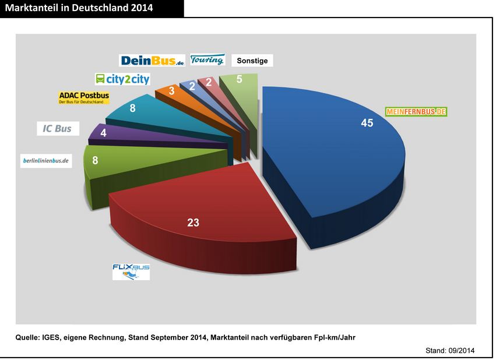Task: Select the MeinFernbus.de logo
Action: [x=416, y=111]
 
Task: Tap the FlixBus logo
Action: [x=131, y=271]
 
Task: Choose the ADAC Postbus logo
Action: [x=84, y=97]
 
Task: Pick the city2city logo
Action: [x=122, y=79]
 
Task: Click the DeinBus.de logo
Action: [x=152, y=60]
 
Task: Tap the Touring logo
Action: [x=207, y=59]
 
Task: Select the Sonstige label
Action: [x=252, y=60]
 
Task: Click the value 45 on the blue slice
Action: [x=367, y=123]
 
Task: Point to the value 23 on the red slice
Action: [x=194, y=222]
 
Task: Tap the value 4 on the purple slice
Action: [x=103, y=132]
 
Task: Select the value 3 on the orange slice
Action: [x=172, y=91]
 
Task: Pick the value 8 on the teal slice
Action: [x=133, y=107]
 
